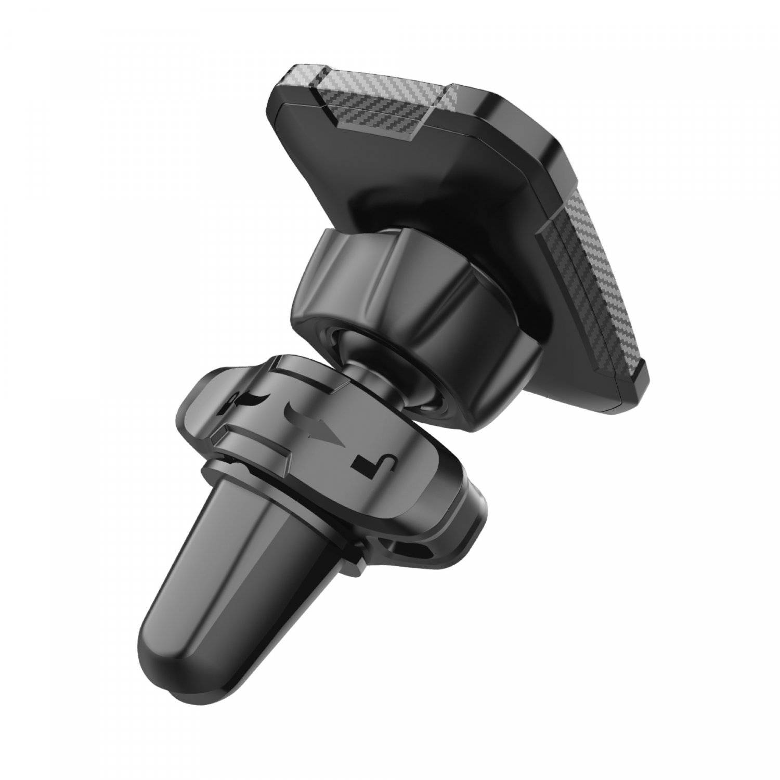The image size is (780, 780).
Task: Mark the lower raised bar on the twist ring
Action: tap(260, 442)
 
